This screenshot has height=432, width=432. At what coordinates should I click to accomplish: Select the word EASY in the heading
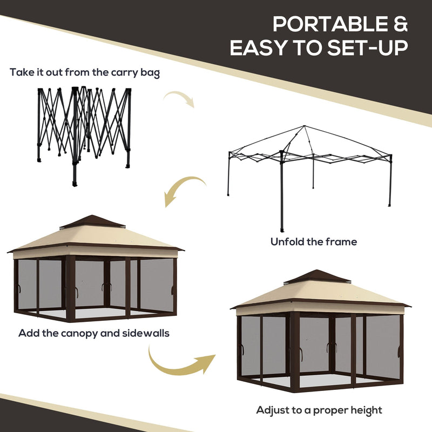[259, 48]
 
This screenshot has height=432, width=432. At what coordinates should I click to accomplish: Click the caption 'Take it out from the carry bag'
[85, 72]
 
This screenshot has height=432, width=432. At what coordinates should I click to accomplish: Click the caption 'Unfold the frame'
[314, 241]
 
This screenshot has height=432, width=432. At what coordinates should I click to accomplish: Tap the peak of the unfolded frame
[305, 127]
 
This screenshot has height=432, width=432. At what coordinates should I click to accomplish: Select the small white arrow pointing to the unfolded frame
[179, 98]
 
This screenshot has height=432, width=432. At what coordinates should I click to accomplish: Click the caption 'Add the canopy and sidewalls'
[94, 333]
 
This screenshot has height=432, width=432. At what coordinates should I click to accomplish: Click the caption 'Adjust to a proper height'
[319, 410]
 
